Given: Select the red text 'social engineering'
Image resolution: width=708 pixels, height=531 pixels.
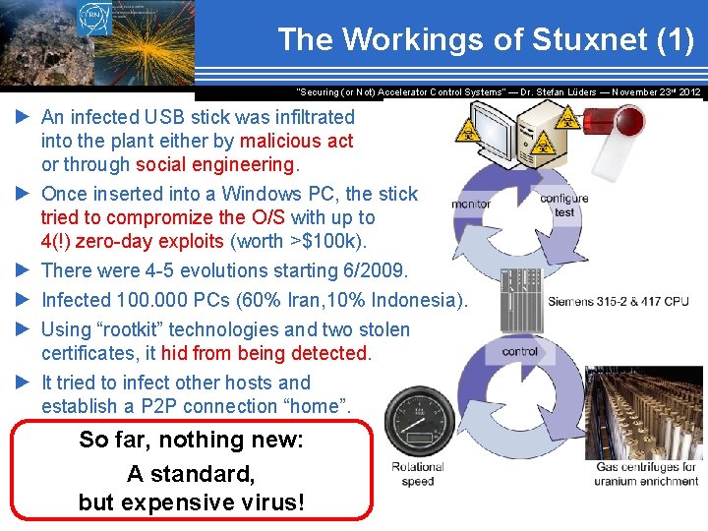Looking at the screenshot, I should point(215,164).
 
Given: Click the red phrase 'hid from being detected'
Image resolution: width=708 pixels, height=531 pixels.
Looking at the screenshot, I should point(265,353).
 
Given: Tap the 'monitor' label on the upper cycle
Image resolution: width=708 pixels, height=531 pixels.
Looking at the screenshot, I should point(471,205).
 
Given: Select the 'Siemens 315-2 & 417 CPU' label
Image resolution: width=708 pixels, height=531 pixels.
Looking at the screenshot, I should point(619,301).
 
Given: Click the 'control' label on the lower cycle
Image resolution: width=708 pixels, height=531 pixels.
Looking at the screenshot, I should point(519,351).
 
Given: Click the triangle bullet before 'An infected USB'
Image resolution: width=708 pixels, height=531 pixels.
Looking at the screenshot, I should point(24,117).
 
